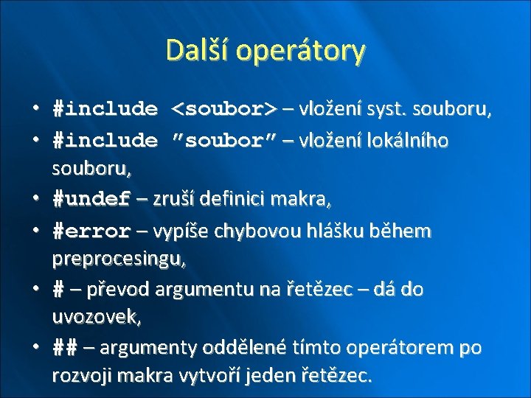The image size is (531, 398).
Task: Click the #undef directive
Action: [91, 199]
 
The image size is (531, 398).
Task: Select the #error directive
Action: [91, 231]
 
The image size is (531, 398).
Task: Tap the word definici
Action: [241, 199]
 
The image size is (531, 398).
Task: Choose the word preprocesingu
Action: [119, 259]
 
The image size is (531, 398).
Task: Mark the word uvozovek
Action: [96, 318]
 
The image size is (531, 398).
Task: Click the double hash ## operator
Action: [64, 347]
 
